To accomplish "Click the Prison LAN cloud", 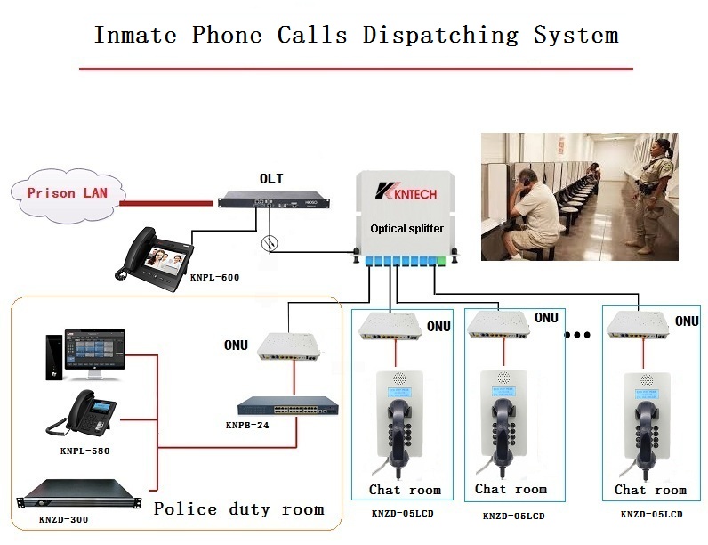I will pyautogui.click(x=62, y=192).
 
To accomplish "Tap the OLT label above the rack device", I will pyautogui.click(x=271, y=179).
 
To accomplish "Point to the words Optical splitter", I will pyautogui.click(x=406, y=229).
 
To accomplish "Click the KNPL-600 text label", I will pyautogui.click(x=214, y=278).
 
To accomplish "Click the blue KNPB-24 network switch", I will pyautogui.click(x=293, y=407).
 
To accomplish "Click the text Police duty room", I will pyautogui.click(x=238, y=509).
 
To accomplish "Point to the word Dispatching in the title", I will pyautogui.click(x=440, y=36).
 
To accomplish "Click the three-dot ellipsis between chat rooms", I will pyautogui.click(x=578, y=337).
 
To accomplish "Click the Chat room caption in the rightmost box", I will pyautogui.click(x=650, y=490).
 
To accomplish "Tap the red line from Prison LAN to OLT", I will pyautogui.click(x=169, y=203).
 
